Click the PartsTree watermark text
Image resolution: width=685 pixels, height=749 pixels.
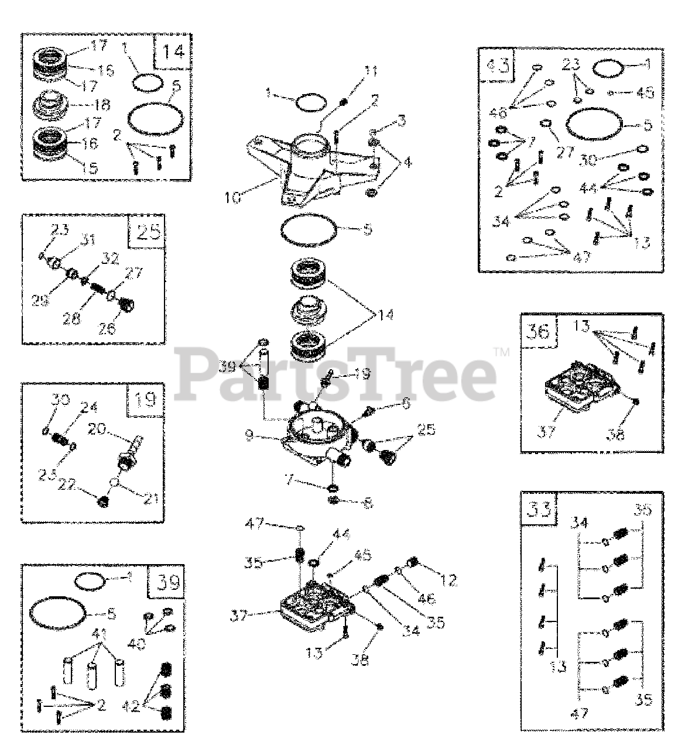tap(337, 373)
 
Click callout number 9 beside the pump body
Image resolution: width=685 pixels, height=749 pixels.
tap(248, 436)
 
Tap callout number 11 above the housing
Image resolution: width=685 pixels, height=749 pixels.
tap(371, 72)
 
